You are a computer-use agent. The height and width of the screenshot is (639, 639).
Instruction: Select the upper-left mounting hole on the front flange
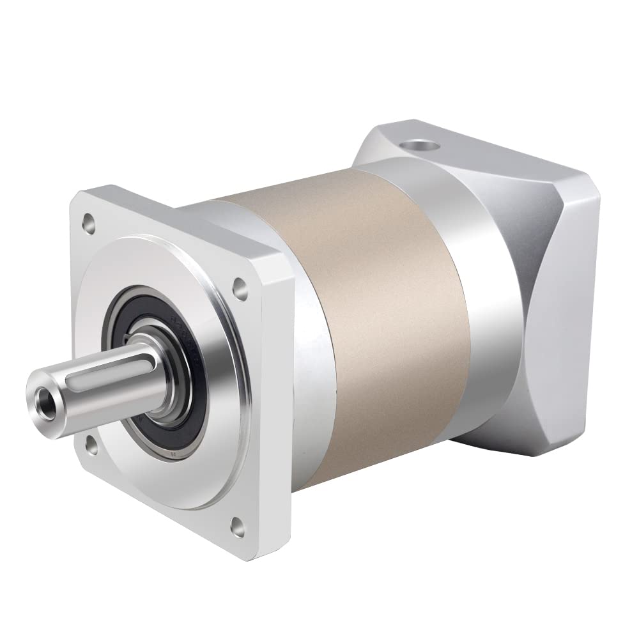tap(86, 224)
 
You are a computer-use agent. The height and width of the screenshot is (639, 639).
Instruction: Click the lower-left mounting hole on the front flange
tap(88, 442)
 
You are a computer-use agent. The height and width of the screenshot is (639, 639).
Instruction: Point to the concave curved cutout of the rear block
tap(543, 300)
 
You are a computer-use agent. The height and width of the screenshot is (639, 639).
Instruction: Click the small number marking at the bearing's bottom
tap(172, 455)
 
